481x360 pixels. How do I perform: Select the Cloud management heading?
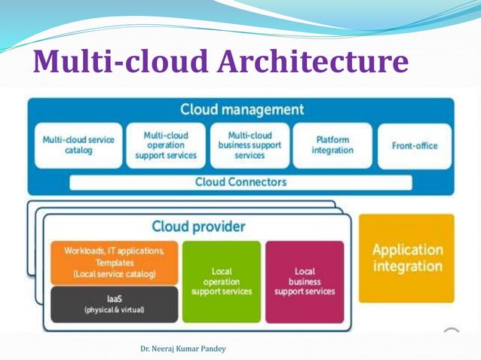pos(241,110)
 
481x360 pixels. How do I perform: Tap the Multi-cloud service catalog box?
pos(78,145)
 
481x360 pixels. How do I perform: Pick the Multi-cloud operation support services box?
pos(165,145)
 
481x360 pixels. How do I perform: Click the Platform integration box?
pos(332,145)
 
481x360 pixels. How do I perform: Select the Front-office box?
pos(414,145)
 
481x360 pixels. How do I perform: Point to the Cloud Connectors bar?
pos(240,182)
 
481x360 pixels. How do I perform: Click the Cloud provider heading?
pos(198,226)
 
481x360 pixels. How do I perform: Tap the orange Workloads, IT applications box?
pos(114,262)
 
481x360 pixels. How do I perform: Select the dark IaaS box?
pos(114,304)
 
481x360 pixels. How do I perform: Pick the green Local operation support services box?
pos(222,280)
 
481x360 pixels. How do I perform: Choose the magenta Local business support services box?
pos(304,280)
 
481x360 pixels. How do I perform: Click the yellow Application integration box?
pos(406,258)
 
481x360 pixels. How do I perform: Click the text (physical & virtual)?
pos(114,310)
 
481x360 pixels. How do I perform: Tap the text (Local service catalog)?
pos(114,274)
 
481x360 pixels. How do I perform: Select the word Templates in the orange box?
pos(114,263)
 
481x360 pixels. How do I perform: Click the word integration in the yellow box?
pos(406,267)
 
